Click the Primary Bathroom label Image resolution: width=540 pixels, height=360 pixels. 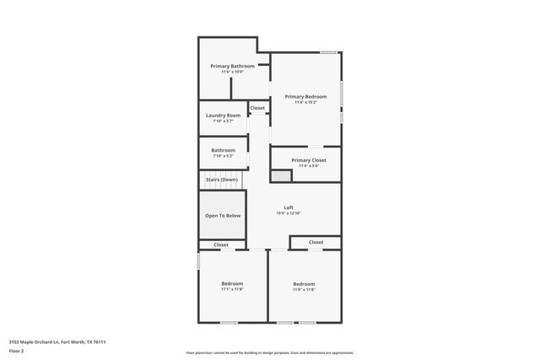[232, 66]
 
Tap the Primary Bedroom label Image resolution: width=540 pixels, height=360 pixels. [305, 97]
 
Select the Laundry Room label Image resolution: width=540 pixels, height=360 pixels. [223, 115]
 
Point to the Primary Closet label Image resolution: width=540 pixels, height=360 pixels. [308, 160]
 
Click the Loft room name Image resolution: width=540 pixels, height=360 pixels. [288, 207]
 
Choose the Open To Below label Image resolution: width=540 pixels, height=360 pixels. [223, 216]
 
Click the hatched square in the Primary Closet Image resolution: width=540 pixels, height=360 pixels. [275, 175]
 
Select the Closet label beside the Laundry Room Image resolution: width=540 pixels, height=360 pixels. [257, 108]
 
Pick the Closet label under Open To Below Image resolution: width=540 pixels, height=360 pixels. [221, 244]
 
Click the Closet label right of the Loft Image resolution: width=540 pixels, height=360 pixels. [316, 242]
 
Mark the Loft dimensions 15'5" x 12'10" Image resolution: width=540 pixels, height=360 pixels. [288, 213]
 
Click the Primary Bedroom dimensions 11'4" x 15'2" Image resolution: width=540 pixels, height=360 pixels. [305, 103]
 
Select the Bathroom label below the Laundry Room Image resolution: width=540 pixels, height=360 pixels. [223, 150]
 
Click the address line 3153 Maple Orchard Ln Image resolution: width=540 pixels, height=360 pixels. [57, 341]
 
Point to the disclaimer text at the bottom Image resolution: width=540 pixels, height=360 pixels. [269, 352]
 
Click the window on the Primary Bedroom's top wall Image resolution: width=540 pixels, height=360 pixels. [328, 53]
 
